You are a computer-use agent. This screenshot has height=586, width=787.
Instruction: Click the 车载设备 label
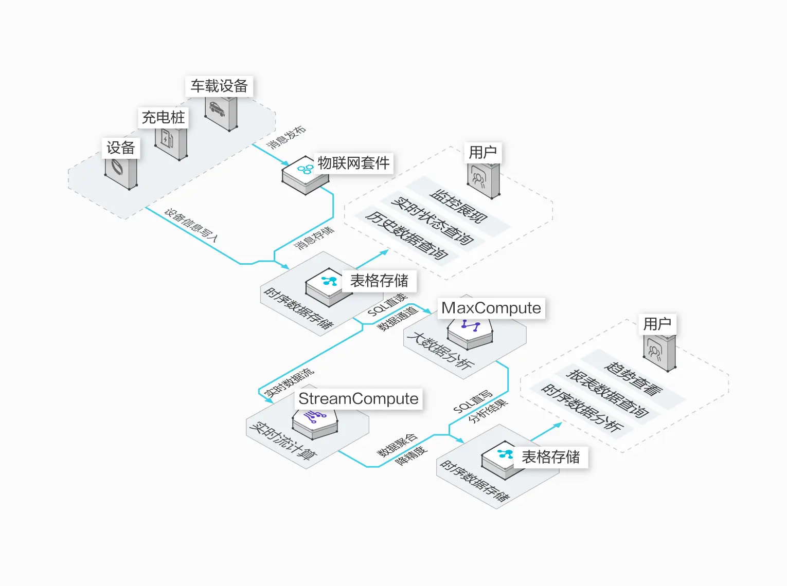click(x=219, y=86)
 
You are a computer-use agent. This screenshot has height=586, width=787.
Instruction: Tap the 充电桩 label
click(x=164, y=118)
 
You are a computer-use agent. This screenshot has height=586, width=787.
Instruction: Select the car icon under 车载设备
click(x=217, y=109)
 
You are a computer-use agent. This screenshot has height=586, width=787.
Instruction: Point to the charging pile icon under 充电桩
click(x=167, y=139)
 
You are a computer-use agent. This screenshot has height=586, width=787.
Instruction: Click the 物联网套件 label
click(x=354, y=163)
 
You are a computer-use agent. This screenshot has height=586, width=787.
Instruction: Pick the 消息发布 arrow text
click(x=286, y=137)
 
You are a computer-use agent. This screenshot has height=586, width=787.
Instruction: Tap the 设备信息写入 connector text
click(x=191, y=225)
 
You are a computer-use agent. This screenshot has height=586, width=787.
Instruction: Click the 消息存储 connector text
click(x=314, y=238)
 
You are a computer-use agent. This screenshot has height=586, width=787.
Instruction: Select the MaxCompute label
click(x=491, y=308)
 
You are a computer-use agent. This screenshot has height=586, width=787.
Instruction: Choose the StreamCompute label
click(x=359, y=399)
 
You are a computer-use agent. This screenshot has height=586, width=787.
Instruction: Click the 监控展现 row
click(x=458, y=206)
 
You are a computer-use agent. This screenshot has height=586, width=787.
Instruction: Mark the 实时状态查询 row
click(x=432, y=221)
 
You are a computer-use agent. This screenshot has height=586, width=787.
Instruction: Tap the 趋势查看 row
click(x=633, y=379)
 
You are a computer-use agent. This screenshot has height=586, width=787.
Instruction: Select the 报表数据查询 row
click(x=607, y=393)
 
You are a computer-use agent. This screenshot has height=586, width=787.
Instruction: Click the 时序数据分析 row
click(x=582, y=408)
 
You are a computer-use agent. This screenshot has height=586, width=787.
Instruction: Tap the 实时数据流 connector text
click(x=289, y=382)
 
